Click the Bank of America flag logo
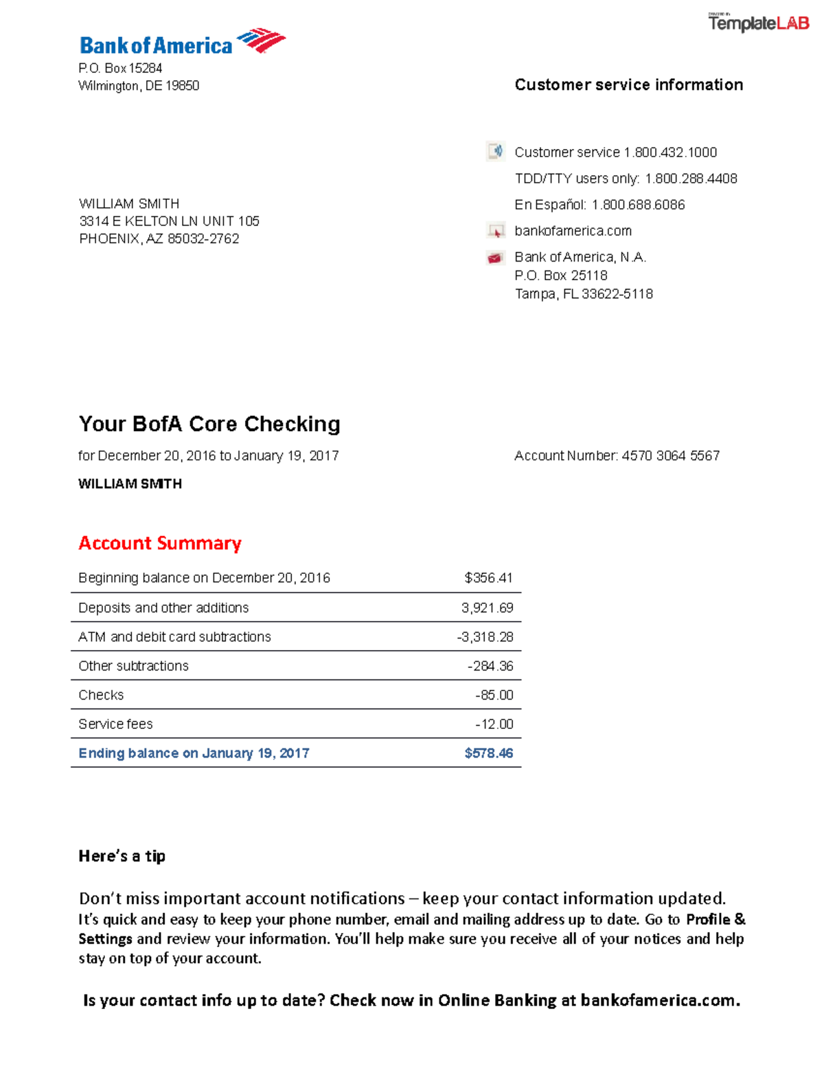click(261, 40)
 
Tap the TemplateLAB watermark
click(758, 23)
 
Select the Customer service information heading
click(628, 84)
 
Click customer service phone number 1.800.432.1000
click(670, 152)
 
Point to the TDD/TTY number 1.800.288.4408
click(691, 178)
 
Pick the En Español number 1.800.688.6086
click(638, 205)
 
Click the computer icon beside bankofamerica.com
click(495, 231)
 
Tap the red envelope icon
click(495, 258)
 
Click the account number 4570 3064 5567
click(670, 456)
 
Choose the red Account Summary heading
click(160, 543)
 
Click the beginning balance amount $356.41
click(488, 578)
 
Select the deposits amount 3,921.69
click(487, 607)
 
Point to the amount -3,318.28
click(485, 637)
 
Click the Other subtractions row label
click(133, 666)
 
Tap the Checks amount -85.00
click(494, 695)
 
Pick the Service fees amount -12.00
click(494, 724)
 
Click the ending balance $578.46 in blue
click(488, 753)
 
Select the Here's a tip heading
click(122, 856)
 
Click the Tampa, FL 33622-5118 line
click(584, 294)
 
